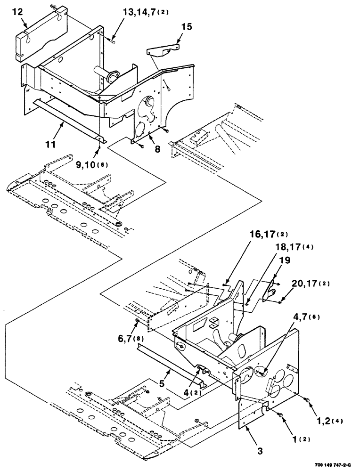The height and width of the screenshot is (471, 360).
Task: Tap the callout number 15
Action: coord(187,27)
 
